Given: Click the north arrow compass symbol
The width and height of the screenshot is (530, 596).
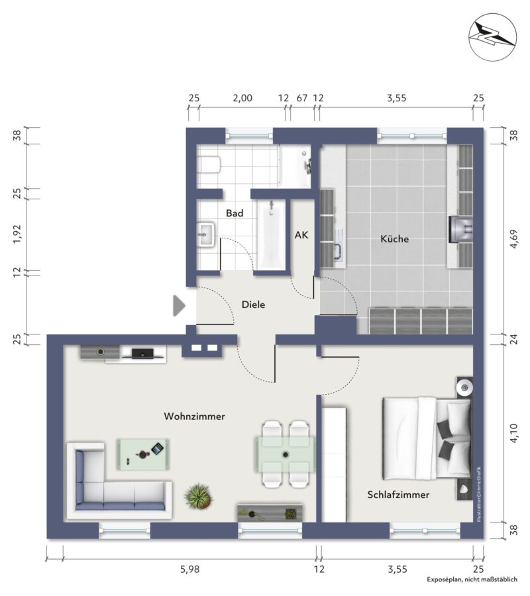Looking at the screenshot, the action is point(493,37).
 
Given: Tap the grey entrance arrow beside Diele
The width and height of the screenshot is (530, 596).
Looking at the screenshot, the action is point(179,305).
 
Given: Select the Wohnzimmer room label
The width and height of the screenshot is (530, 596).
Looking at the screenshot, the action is point(194,417).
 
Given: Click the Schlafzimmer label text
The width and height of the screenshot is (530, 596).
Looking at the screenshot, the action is point(398,495).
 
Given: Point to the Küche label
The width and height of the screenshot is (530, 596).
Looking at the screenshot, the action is point(395,238).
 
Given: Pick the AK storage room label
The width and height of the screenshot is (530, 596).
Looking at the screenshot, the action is point(301,235).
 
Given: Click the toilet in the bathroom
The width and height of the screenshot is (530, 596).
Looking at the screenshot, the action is point(209,165).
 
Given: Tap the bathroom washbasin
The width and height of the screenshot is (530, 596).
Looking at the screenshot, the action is point(205,234).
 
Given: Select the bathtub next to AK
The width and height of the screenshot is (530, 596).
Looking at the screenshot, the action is point(271,234).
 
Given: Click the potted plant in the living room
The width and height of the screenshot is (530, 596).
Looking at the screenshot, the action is point(198,496).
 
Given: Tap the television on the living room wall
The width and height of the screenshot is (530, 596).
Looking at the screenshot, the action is point(142,354).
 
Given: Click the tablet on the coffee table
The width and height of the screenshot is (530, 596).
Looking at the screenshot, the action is point(157,448).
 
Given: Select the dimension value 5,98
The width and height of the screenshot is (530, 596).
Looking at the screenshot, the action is point(189,569).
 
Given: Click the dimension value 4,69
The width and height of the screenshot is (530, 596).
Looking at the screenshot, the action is point(513,238).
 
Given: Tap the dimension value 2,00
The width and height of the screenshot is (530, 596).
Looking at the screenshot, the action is point(242,98).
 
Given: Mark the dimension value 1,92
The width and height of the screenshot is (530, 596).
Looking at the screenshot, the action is point(17,234).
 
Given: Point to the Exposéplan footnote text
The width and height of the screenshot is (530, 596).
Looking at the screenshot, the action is point(472,579).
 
